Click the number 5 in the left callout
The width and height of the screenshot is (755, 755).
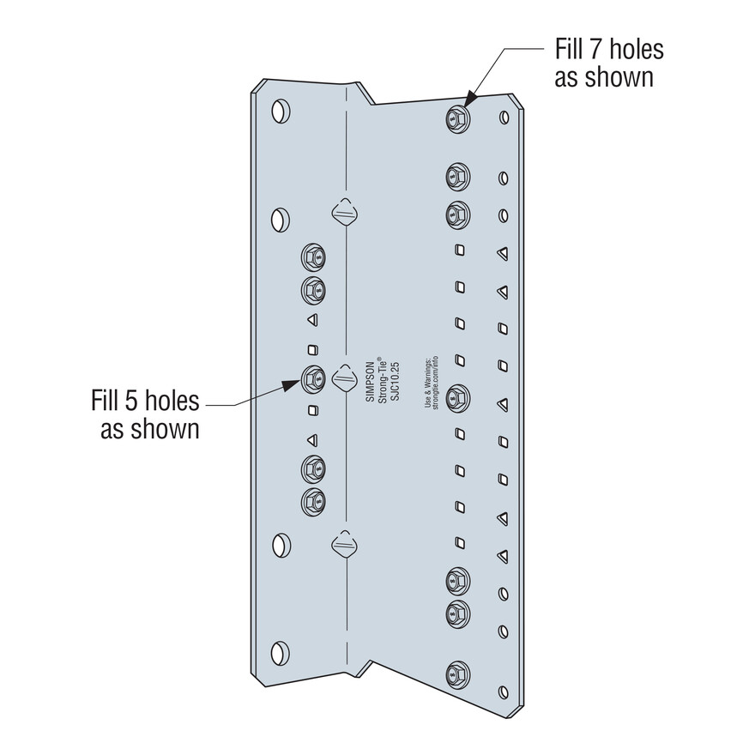pyautogui.click(x=132, y=401)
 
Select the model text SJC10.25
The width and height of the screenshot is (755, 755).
pyautogui.click(x=395, y=381)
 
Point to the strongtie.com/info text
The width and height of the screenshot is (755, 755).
pyautogui.click(x=435, y=383)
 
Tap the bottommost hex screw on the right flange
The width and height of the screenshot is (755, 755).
pyautogui.click(x=457, y=674)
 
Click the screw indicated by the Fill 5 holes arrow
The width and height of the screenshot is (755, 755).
pyautogui.click(x=313, y=379)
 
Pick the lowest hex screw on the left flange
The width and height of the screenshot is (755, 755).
pyautogui.click(x=313, y=502)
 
